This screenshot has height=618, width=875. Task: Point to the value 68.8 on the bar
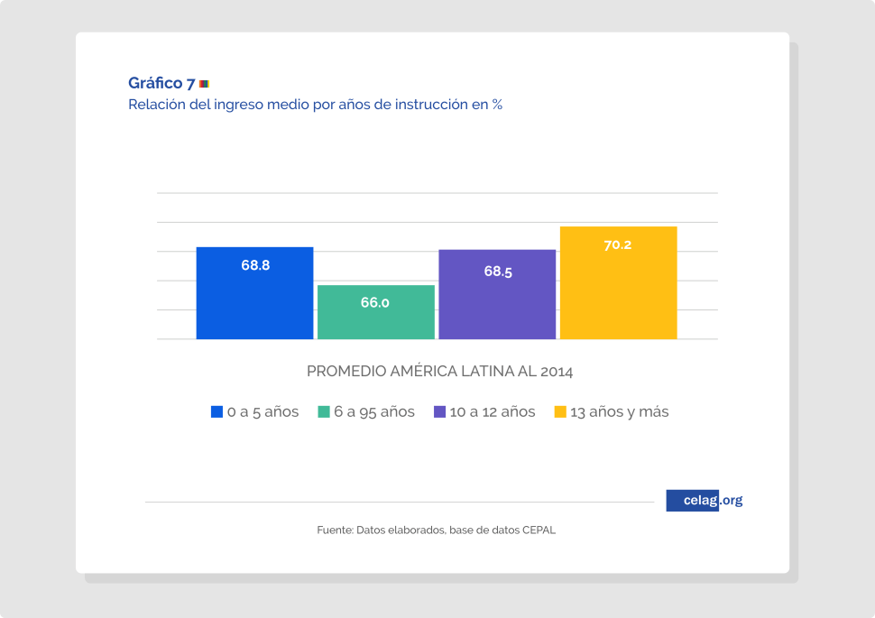[255, 265]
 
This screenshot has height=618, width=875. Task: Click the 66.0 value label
[375, 303]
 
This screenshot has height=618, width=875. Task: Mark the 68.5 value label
[498, 271]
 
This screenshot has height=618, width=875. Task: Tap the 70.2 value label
[618, 244]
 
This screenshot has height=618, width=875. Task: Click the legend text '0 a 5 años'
[262, 412]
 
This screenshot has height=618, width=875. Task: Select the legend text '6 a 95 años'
[374, 412]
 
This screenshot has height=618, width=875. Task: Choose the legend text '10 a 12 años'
[492, 412]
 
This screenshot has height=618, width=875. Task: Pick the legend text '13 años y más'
[620, 412]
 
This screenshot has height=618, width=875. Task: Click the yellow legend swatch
[560, 412]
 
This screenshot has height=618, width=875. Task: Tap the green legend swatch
[324, 412]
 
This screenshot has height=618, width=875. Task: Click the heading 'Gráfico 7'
[161, 84]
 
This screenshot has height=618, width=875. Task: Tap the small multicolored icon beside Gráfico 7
[204, 84]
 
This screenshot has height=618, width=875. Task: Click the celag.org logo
[705, 501]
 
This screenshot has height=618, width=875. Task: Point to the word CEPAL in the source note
[539, 530]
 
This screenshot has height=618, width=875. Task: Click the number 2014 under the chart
[557, 372]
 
